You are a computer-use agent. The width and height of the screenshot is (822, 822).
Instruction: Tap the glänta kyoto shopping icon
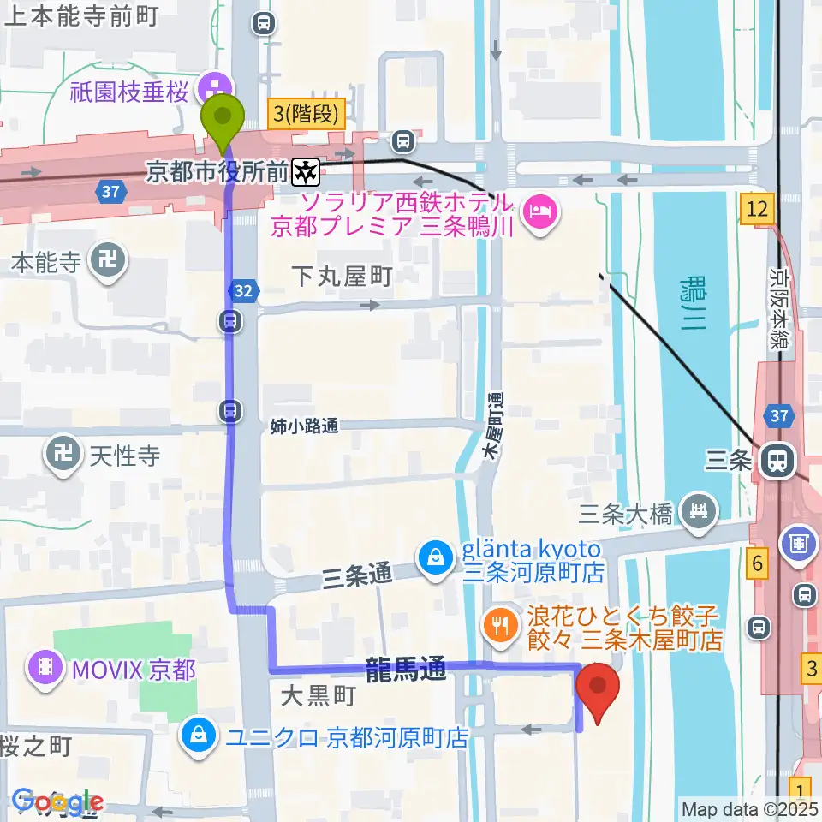pos(436,558)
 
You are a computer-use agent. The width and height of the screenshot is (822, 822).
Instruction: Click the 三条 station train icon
pos(778,461)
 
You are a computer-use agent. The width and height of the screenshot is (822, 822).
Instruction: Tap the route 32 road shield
pos(244,291)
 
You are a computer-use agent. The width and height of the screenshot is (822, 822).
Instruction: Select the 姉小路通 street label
pos(304,426)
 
